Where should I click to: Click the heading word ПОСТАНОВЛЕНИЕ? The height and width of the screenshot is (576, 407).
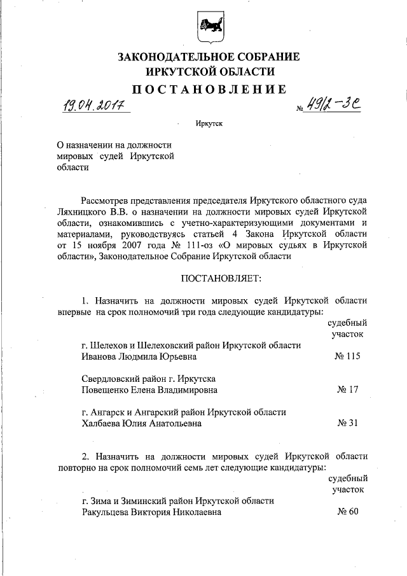[209, 88]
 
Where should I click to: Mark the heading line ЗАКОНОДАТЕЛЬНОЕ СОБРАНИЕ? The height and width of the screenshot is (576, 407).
[209, 57]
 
